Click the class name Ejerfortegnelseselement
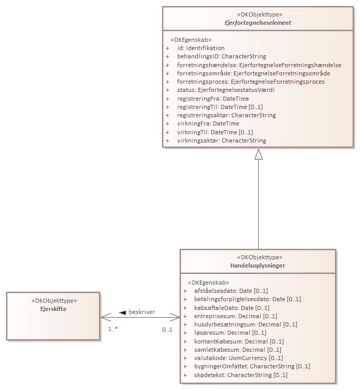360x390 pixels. click(x=258, y=23)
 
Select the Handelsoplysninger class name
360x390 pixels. click(x=257, y=266)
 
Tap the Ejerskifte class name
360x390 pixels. click(x=53, y=309)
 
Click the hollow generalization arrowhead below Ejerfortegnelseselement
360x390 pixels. click(x=258, y=154)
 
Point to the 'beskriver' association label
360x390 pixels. click(x=142, y=312)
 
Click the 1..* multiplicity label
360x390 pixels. click(x=113, y=329)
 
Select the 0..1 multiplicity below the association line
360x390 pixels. click(x=167, y=329)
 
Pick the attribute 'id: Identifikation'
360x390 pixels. click(x=193, y=48)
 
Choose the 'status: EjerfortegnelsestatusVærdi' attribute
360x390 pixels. click(x=226, y=90)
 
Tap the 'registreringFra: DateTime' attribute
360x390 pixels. click(x=213, y=99)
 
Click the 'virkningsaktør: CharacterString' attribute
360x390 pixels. click(x=221, y=141)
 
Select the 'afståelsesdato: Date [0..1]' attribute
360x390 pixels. click(x=231, y=291)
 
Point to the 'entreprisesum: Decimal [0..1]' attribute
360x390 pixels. click(x=236, y=316)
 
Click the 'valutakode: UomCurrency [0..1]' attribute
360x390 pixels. click(x=239, y=358)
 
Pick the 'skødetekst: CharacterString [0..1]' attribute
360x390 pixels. click(x=241, y=375)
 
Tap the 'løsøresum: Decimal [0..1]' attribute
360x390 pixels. click(x=230, y=333)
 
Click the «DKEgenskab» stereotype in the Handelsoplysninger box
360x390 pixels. click(x=209, y=283)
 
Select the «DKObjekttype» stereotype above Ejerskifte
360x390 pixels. click(x=53, y=300)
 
